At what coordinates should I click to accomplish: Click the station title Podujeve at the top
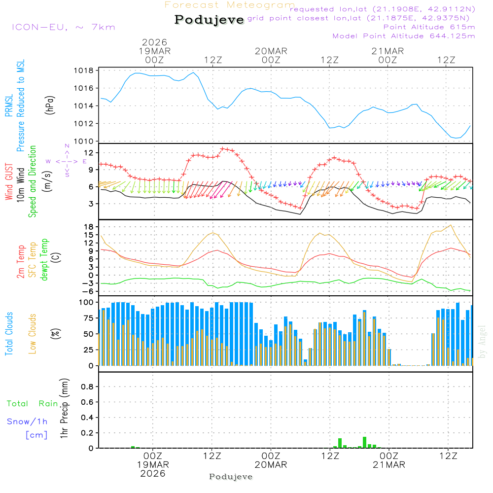point(209,20)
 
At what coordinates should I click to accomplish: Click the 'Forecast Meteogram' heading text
point(230,5)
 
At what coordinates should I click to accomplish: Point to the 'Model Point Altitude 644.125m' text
point(404,36)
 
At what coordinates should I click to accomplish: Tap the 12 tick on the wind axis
point(89,152)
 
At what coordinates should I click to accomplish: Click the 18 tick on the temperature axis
point(89,227)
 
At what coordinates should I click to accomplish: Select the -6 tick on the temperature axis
point(88,291)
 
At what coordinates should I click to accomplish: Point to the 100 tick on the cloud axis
point(87,302)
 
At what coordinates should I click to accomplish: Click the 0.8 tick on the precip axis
point(87,387)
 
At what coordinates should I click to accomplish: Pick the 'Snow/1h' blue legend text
point(27,422)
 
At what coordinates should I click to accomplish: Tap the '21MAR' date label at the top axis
point(388,51)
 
